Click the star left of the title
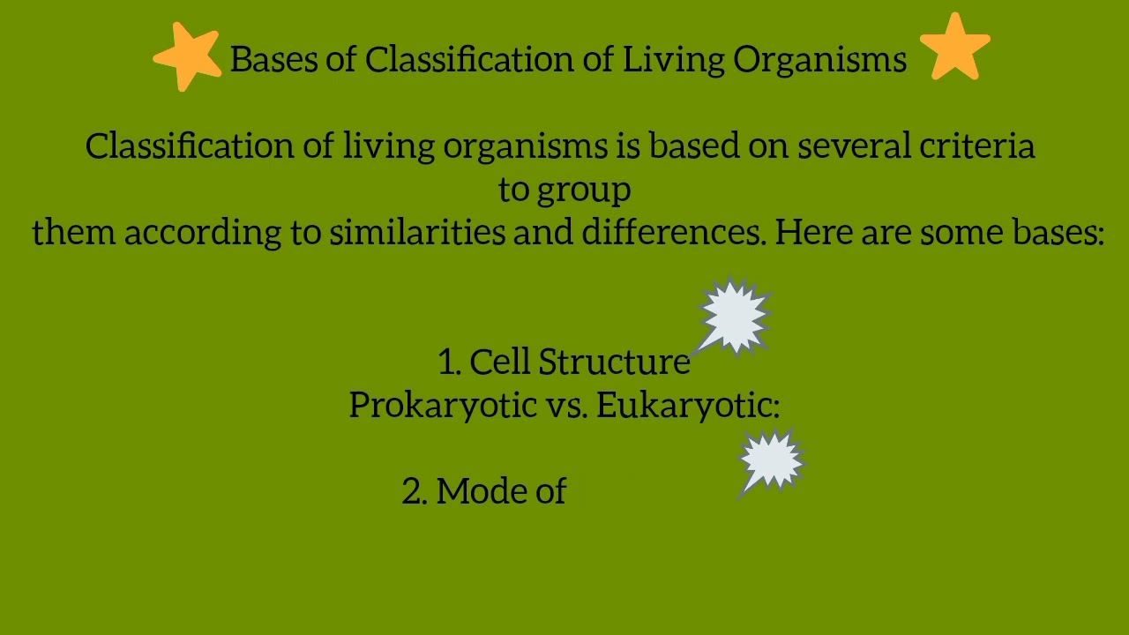[188, 56]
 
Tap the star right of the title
[955, 47]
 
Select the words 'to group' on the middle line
[564, 190]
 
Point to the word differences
[673, 232]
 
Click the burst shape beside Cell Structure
[734, 316]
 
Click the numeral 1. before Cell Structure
[449, 362]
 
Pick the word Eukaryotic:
[688, 405]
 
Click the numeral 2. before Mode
[415, 491]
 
